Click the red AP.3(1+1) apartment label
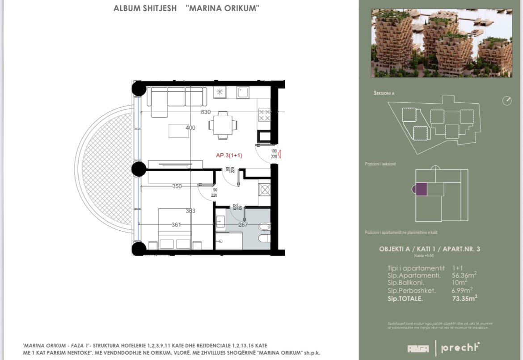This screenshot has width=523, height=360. coord(229,156)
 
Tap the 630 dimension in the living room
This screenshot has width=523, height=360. coord(206,112)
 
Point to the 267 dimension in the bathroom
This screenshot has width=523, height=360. coord(243,225)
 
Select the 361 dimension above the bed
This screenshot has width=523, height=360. coord(176,225)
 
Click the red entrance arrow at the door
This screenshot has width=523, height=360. coord(279,155)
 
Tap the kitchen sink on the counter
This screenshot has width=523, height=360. coord(243,93)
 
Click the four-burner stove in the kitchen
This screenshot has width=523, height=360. coord(264,115)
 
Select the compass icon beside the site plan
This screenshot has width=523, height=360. coord(506,101)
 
